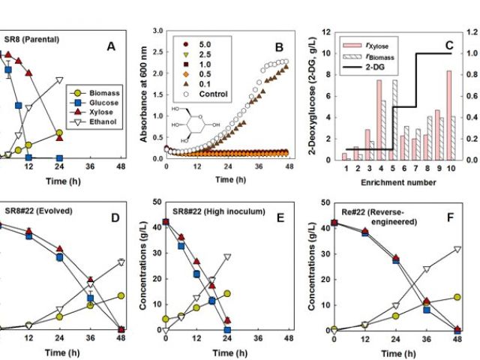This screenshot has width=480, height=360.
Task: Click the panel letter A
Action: pos(111,46)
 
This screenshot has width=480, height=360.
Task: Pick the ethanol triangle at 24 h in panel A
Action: pos(59,79)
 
